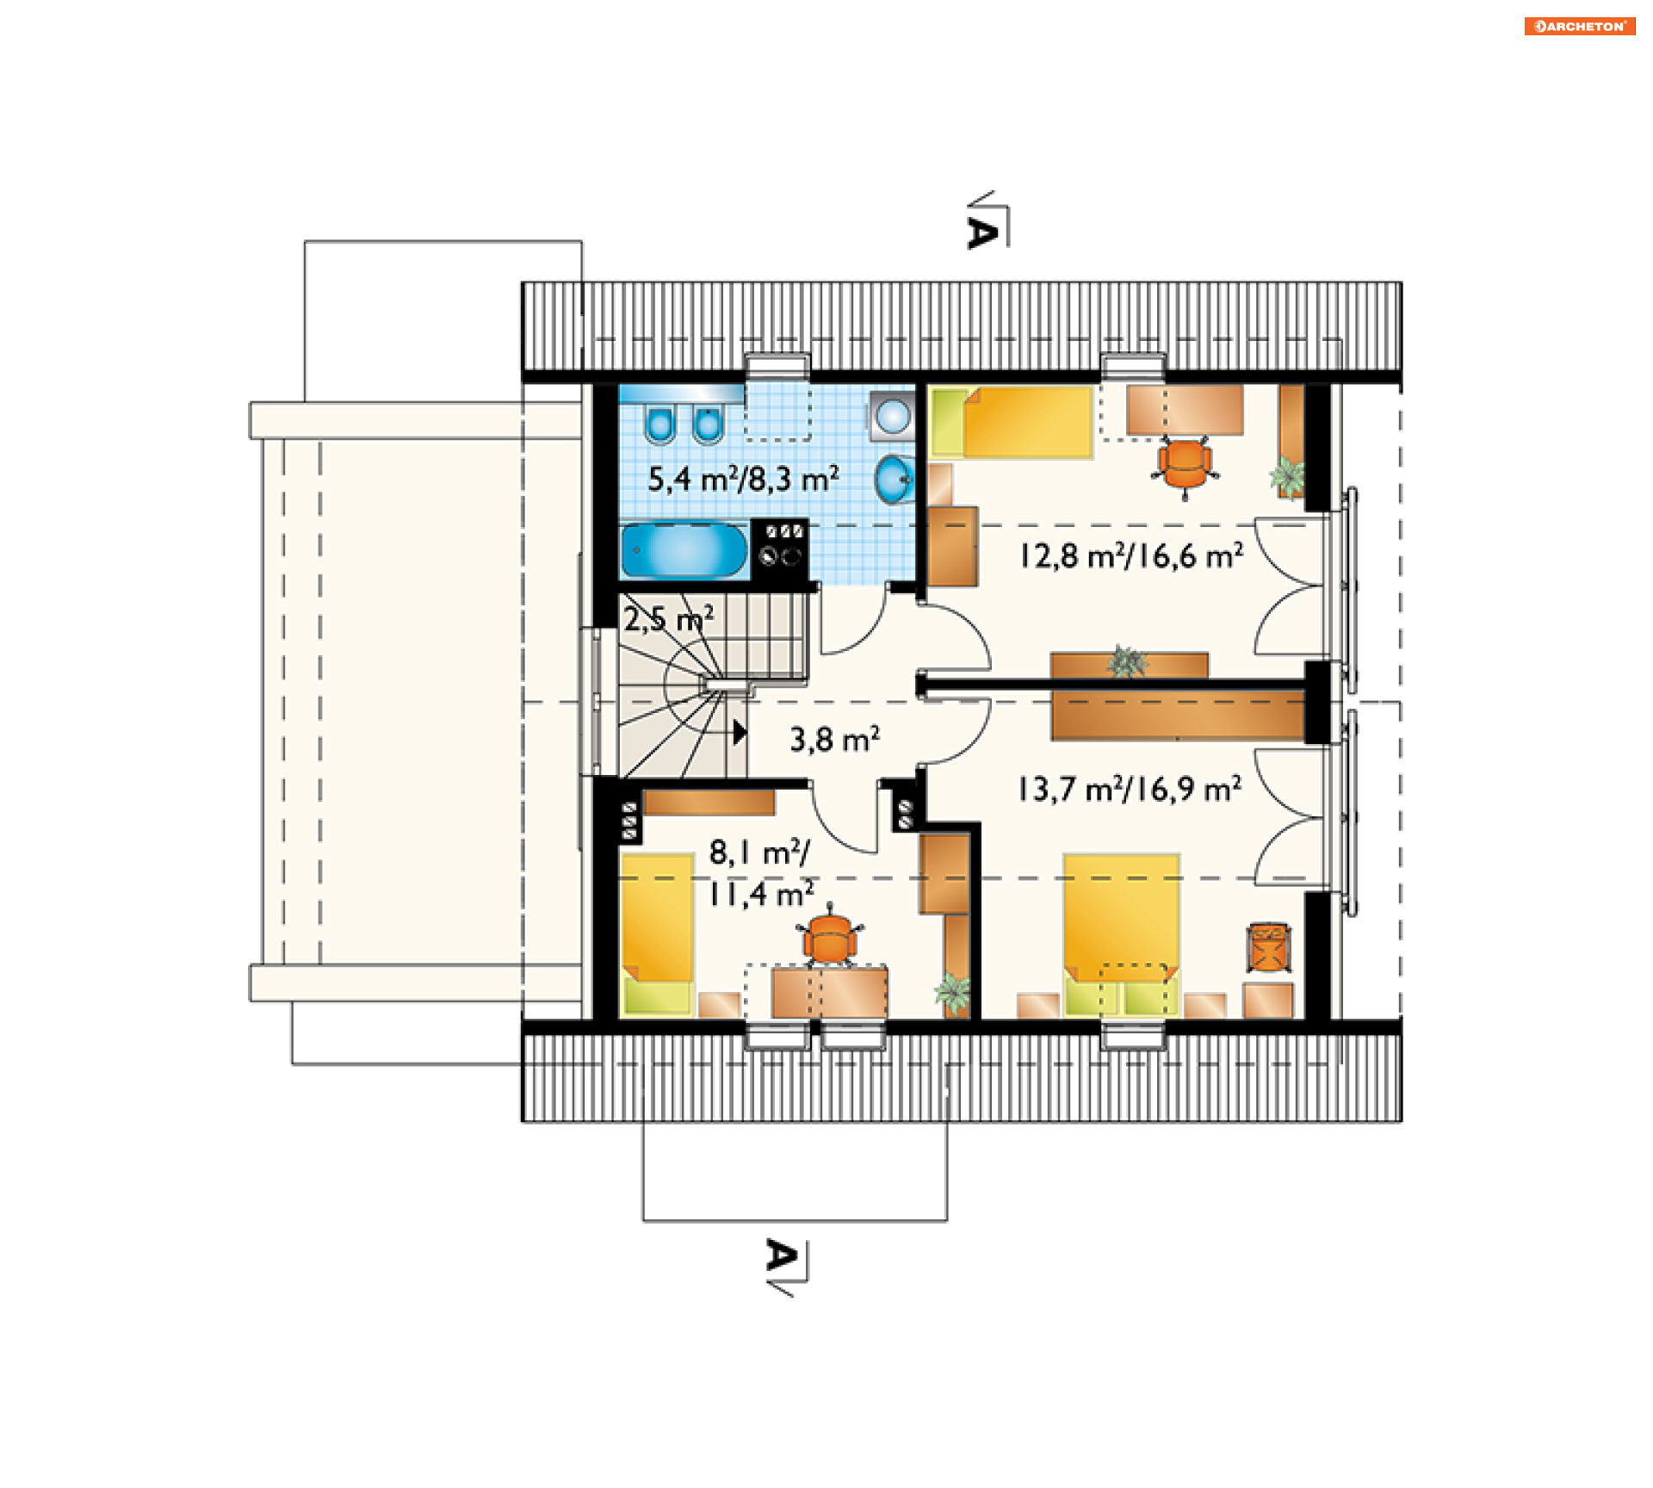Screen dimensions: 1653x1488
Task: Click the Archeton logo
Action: tap(1579, 26)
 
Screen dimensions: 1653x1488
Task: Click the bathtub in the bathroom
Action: tap(684, 550)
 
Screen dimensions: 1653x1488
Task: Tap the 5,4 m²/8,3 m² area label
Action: tap(743, 479)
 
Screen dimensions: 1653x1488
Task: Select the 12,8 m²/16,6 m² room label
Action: tap(1131, 556)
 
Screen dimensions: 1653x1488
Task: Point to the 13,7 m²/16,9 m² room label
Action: tap(1130, 789)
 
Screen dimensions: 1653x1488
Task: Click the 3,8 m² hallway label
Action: tap(834, 739)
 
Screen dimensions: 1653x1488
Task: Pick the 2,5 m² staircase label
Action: tap(669, 618)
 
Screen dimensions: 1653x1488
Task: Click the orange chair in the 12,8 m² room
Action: tap(1186, 466)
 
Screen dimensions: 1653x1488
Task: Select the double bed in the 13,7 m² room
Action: tap(1121, 935)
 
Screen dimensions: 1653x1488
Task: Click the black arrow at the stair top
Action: tap(740, 733)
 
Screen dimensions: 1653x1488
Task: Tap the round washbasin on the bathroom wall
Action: tap(893, 479)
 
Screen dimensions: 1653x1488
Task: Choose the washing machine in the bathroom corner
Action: tap(892, 415)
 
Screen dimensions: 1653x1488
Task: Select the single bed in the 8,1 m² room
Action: tap(657, 933)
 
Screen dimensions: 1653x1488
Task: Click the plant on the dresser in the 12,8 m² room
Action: tap(1126, 661)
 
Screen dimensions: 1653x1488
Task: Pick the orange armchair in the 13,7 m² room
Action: tap(1268, 948)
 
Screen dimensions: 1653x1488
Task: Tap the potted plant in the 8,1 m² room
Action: tap(952, 992)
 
